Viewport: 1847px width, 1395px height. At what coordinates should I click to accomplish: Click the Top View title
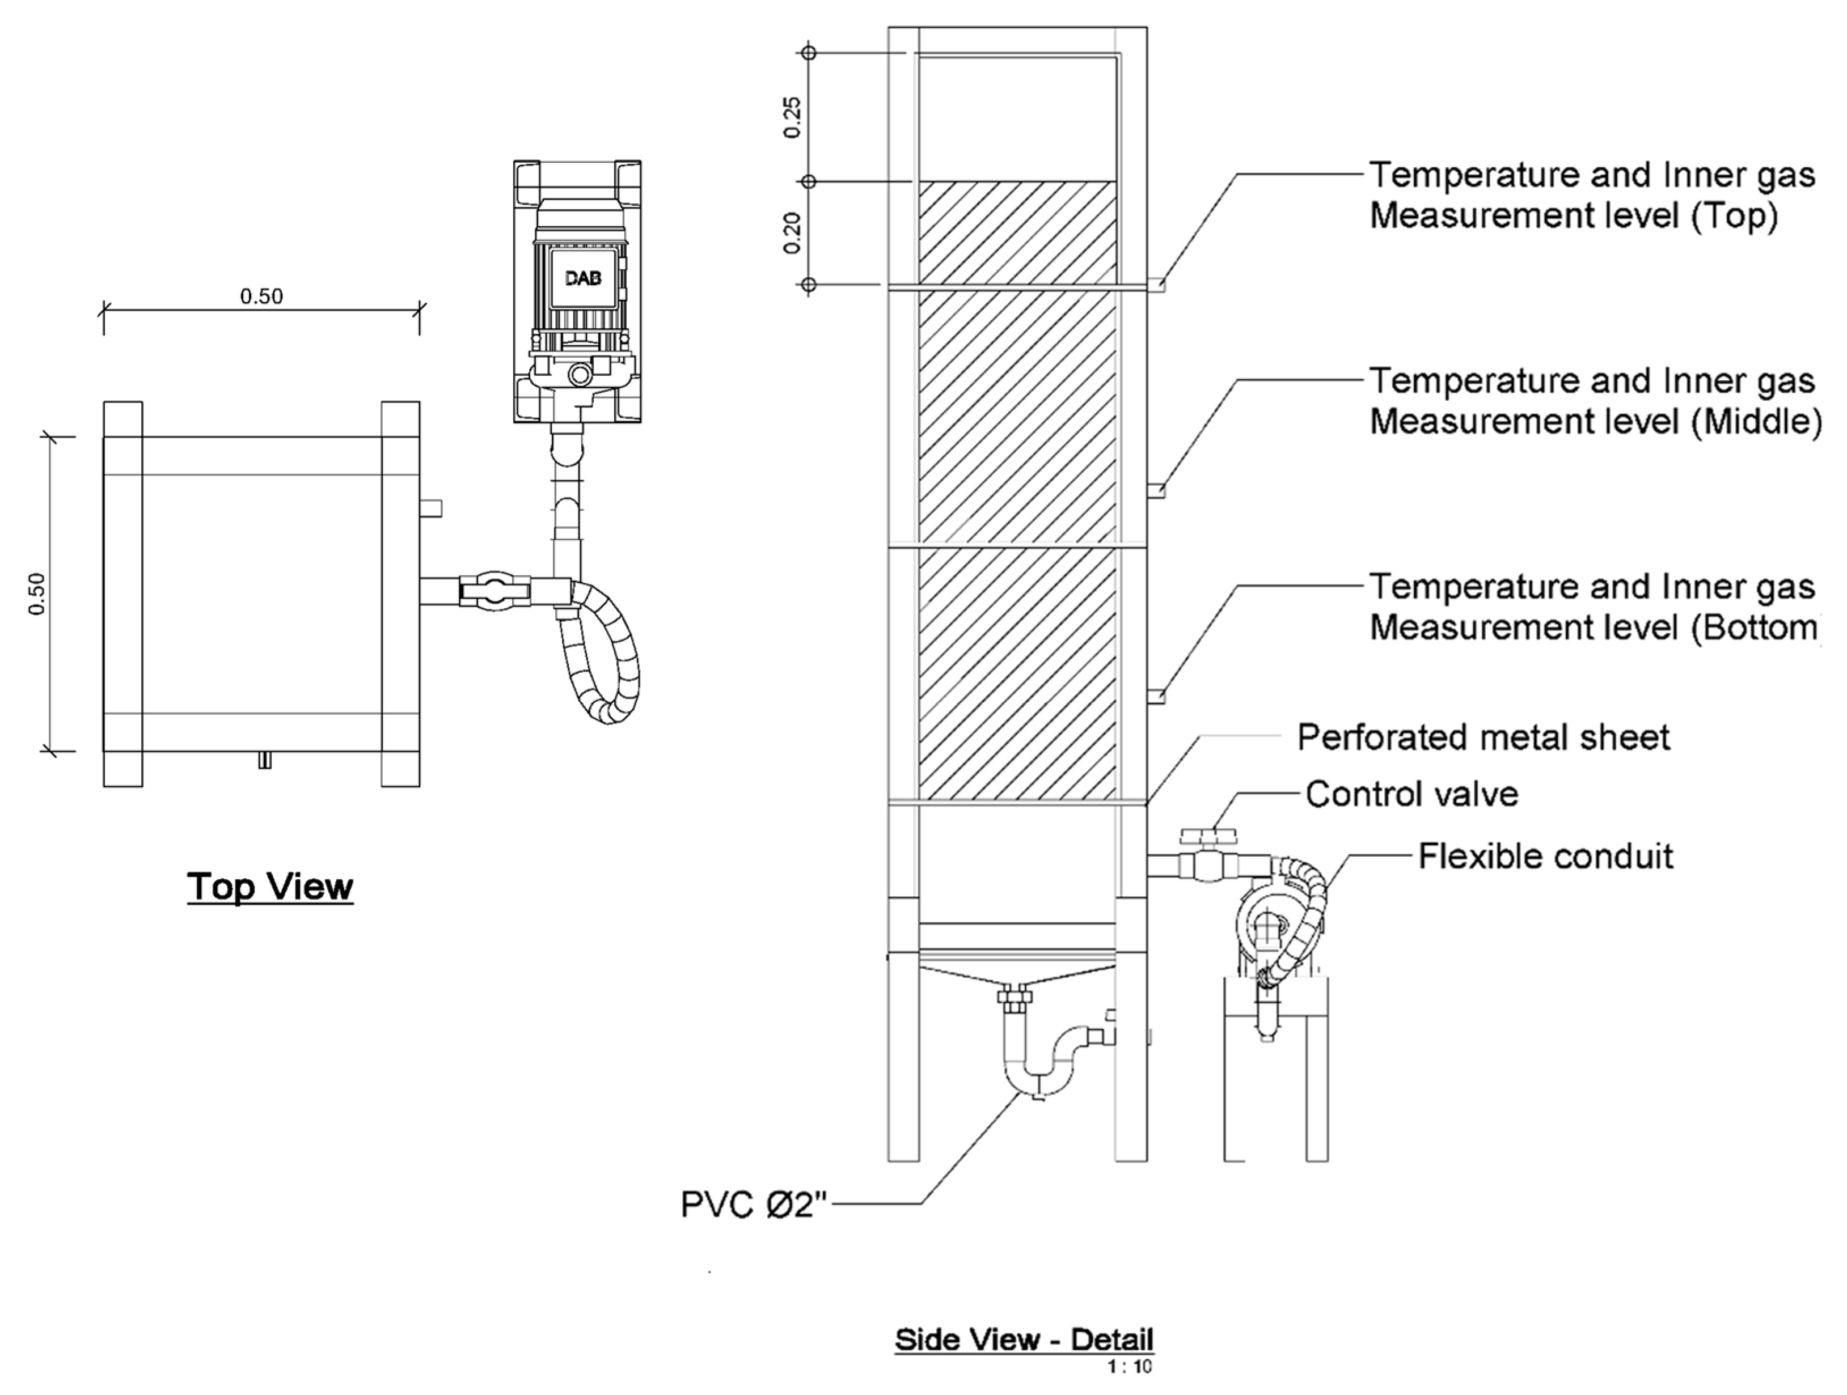click(270, 887)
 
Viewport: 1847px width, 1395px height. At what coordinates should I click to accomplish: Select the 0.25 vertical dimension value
click(793, 117)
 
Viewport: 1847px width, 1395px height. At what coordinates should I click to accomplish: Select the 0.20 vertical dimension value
click(793, 233)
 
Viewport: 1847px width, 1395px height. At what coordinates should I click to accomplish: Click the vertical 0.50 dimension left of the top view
click(37, 593)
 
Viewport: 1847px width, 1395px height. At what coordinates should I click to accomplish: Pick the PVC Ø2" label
click(753, 1205)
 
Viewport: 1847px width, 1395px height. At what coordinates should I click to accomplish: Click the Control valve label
click(1411, 794)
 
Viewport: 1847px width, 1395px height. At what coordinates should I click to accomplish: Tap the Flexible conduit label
click(1545, 856)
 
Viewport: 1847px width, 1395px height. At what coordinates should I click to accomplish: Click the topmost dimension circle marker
click(808, 53)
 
